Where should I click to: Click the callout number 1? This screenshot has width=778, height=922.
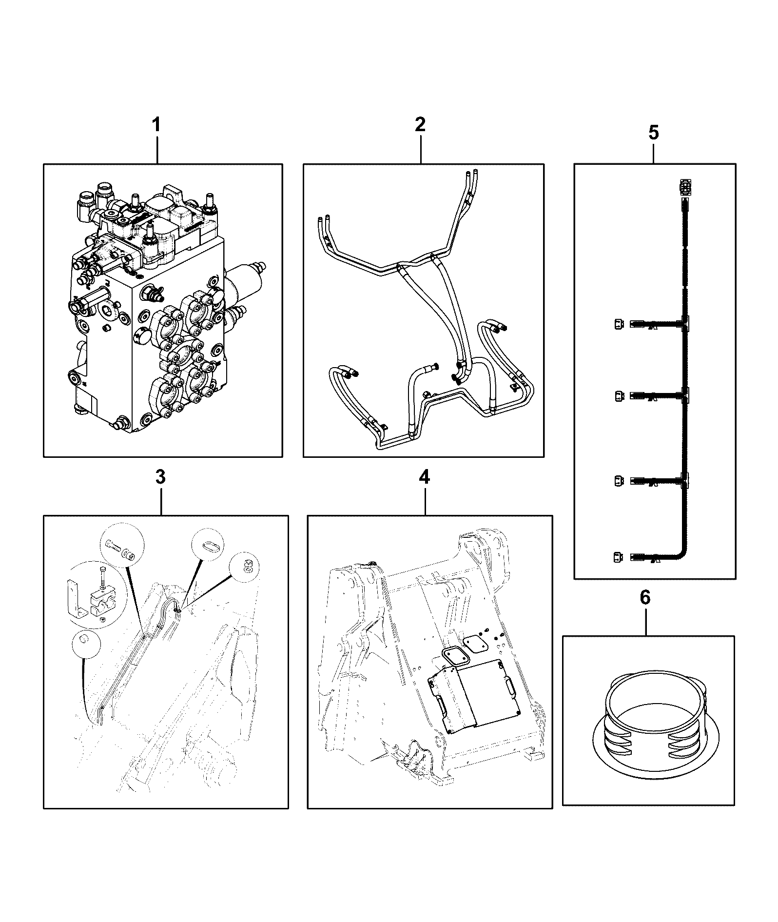pyautogui.click(x=156, y=124)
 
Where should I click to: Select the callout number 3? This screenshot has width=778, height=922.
pyautogui.click(x=160, y=477)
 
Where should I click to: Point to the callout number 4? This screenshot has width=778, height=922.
pyautogui.click(x=425, y=477)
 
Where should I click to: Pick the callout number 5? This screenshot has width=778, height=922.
pyautogui.click(x=653, y=132)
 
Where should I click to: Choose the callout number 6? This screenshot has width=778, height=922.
pyautogui.click(x=645, y=597)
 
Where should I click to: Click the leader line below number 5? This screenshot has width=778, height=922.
pyautogui.click(x=654, y=152)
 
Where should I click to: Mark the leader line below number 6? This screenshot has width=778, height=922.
pyautogui.click(x=646, y=621)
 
